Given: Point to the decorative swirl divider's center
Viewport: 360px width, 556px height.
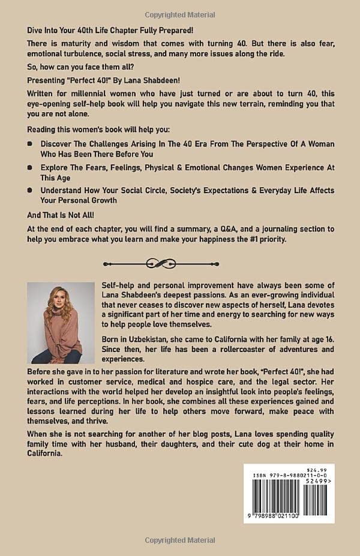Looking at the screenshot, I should [x=180, y=263].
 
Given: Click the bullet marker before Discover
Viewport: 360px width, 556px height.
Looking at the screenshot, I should [x=31, y=145].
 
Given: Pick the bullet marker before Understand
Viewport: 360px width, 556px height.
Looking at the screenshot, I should [x=31, y=190].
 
